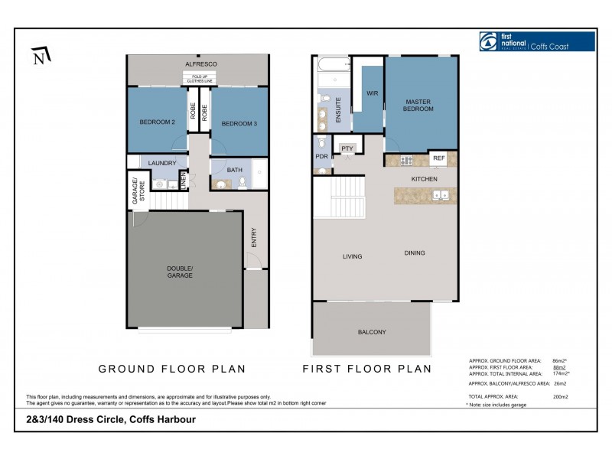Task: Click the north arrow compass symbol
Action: pyautogui.click(x=41, y=56)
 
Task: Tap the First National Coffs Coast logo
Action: pyautogui.click(x=536, y=41)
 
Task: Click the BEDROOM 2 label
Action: pyautogui.click(x=158, y=122)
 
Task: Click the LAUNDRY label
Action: pyautogui.click(x=162, y=163)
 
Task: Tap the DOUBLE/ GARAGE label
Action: pyautogui.click(x=181, y=272)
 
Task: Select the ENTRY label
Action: pyautogui.click(x=253, y=238)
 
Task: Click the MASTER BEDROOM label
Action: pyautogui.click(x=419, y=105)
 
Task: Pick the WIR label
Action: pyautogui.click(x=373, y=93)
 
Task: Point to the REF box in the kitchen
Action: pyautogui.click(x=438, y=158)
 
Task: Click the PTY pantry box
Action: pyautogui.click(x=347, y=148)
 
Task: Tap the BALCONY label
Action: pyautogui.click(x=372, y=332)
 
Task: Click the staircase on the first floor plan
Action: pyautogui.click(x=338, y=197)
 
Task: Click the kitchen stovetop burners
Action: pyautogui.click(x=405, y=160)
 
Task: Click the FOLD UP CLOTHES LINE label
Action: pyautogui.click(x=198, y=78)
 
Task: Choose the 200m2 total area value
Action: pyautogui.click(x=560, y=397)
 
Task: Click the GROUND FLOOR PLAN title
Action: pyautogui.click(x=172, y=369)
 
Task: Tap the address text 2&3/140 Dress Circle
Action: pyautogui.click(x=110, y=419)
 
